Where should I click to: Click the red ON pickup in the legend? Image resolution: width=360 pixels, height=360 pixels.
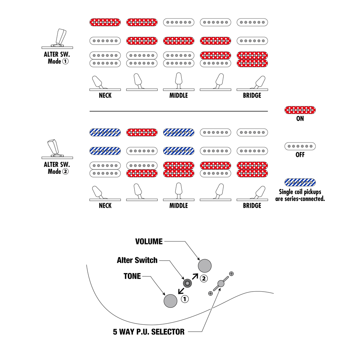click(300, 110)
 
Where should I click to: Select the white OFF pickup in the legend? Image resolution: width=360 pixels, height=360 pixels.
click(300, 146)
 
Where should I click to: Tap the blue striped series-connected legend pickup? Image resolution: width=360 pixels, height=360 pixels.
click(300, 182)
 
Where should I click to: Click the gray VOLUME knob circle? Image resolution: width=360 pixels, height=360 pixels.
click(205, 266)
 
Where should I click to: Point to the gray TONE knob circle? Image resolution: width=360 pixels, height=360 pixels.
click(171, 301)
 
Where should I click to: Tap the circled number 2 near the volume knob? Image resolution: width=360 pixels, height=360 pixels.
click(203, 278)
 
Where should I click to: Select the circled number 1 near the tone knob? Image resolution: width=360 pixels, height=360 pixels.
click(185, 299)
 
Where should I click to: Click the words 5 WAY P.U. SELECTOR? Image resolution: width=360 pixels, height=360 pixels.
click(149, 332)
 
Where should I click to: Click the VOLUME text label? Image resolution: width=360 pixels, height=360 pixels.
click(149, 242)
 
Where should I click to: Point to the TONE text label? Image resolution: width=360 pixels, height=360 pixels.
click(132, 276)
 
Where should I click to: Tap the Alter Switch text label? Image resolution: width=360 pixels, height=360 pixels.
click(137, 260)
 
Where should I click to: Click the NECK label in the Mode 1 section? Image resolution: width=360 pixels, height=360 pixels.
click(105, 96)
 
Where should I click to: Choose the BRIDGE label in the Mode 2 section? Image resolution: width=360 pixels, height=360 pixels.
click(252, 206)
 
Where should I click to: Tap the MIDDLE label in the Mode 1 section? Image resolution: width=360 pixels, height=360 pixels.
click(179, 96)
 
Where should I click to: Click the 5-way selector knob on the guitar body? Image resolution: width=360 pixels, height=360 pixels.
click(221, 284)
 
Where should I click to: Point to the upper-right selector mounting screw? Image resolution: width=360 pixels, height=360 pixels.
click(231, 274)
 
